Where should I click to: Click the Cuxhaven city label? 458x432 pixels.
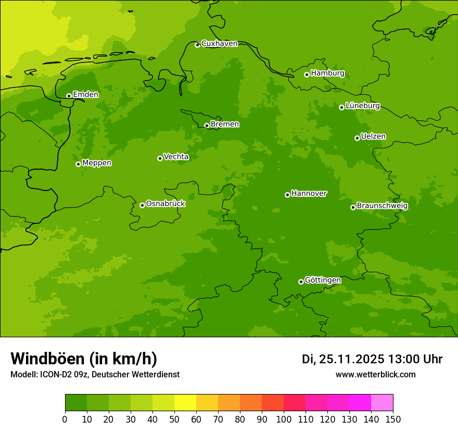click(x=219, y=44)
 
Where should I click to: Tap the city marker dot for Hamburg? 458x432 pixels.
click(x=307, y=74)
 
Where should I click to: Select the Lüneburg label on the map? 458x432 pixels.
click(x=362, y=106)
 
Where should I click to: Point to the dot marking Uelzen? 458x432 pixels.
click(x=357, y=138)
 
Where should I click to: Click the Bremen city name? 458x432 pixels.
click(x=224, y=124)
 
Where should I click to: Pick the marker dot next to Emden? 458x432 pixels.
click(x=69, y=96)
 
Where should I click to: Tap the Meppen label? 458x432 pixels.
click(x=97, y=163)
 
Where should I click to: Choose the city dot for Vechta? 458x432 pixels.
click(x=160, y=158)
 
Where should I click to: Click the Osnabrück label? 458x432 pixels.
click(x=166, y=204)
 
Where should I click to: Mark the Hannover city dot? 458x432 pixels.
click(x=287, y=195)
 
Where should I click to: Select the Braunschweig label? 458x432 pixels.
click(x=382, y=206)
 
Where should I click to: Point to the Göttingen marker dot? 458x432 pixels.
click(x=301, y=282)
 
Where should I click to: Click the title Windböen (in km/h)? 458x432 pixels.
click(x=84, y=359)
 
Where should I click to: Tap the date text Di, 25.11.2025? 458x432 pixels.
click(x=342, y=359)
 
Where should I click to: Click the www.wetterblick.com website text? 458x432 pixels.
click(x=375, y=375)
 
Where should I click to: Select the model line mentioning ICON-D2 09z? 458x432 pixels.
click(x=95, y=375)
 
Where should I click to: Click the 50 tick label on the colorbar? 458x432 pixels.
click(x=174, y=419)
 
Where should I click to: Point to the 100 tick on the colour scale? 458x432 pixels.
click(x=284, y=419)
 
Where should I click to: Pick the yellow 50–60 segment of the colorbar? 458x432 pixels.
click(x=185, y=403)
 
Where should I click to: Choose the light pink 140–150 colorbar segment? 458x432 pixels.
click(x=382, y=403)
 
